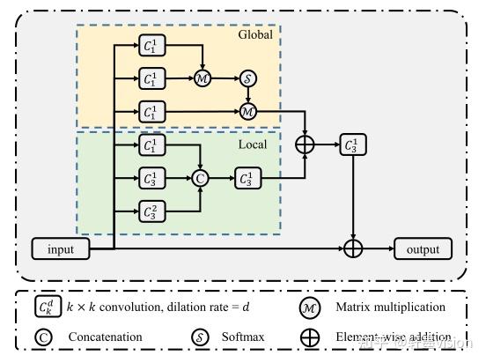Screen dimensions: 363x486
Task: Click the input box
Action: [61, 249]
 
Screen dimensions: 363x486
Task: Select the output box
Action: [423, 249]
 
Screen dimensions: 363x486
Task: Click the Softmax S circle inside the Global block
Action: [247, 78]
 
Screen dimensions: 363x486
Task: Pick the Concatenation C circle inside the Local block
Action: [201, 178]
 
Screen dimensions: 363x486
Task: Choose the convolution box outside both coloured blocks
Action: [353, 145]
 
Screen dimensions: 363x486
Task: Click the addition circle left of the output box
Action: [353, 249]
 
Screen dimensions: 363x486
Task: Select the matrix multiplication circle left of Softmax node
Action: [202, 78]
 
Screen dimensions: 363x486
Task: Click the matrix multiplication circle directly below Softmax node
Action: [247, 111]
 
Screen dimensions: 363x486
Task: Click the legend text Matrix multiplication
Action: [390, 307]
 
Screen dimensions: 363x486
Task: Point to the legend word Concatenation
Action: [107, 337]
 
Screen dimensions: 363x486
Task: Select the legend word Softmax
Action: [243, 337]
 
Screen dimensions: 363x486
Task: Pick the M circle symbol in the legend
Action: [309, 307]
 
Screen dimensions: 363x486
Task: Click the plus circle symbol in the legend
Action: [309, 337]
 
